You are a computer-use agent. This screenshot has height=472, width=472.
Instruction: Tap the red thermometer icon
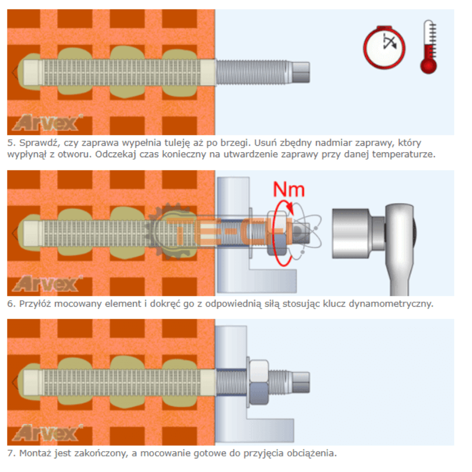429,47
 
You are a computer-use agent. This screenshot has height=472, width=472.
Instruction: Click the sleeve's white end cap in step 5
32,73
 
